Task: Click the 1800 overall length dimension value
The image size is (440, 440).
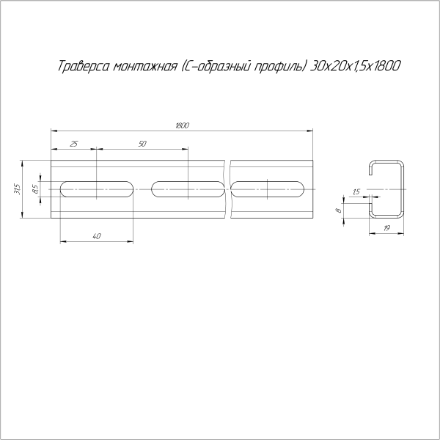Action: coord(183,125)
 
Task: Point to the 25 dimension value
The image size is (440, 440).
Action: coord(73,144)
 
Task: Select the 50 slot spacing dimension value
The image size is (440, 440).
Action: coord(142,144)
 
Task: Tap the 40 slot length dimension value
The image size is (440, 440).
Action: coord(97,236)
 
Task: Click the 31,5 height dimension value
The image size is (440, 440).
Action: coord(17,189)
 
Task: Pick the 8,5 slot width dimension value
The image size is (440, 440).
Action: coord(35,189)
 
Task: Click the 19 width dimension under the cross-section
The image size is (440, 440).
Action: coord(386,228)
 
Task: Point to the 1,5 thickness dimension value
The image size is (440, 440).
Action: coord(356,192)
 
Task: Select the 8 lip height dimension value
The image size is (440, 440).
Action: coord(339,210)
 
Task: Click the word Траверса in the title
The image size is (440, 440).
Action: coord(84,66)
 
